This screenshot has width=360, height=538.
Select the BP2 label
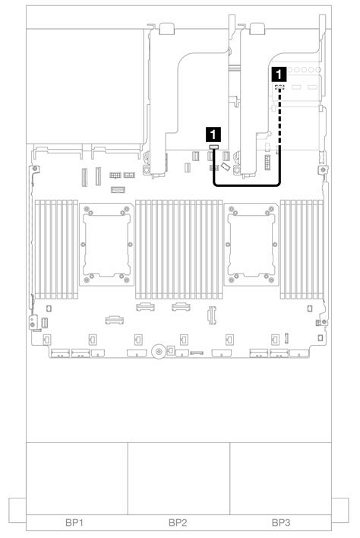pyautogui.click(x=178, y=523)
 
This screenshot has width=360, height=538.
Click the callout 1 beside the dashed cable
pyautogui.click(x=279, y=74)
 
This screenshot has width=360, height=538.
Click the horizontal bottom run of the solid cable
pyautogui.click(x=247, y=185)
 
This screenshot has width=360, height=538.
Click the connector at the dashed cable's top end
pyautogui.click(x=279, y=88)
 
